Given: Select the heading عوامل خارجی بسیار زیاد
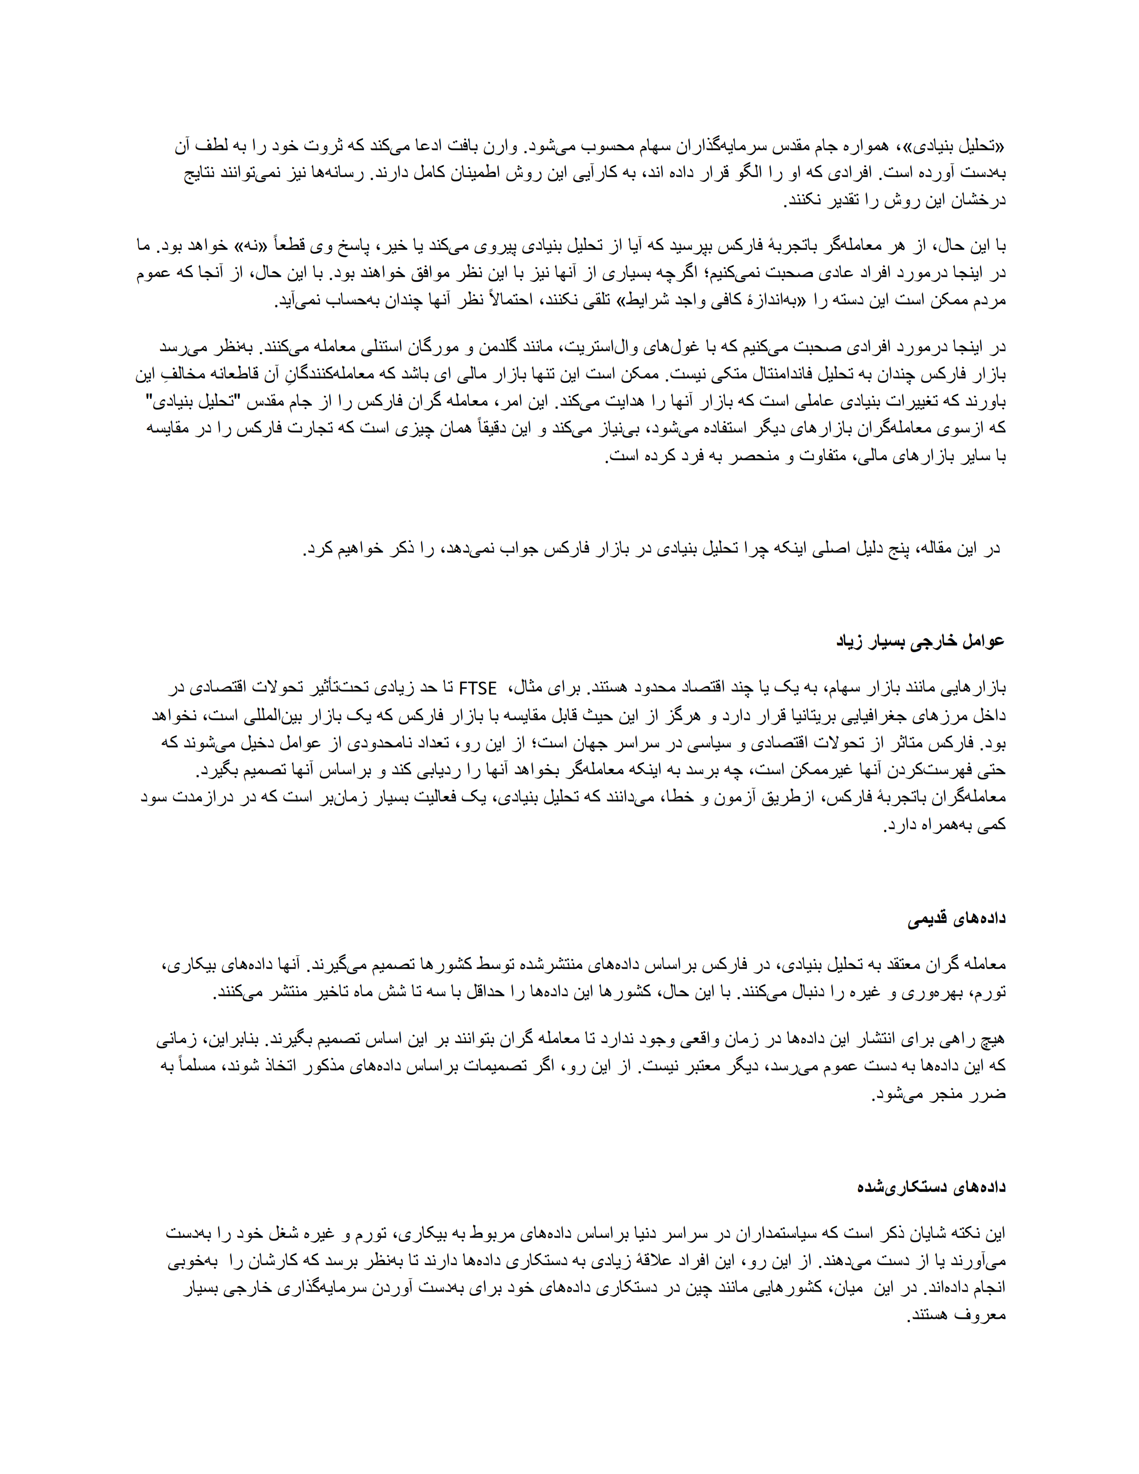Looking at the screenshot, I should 921,641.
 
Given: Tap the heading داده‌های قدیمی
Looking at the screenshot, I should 956,918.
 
